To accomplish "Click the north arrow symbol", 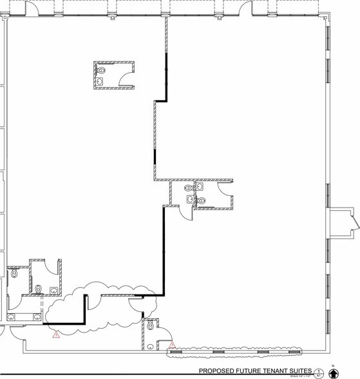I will pos(333,372).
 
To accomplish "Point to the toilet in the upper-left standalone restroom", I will pos(100,68).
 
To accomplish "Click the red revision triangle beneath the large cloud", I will pos(56,334).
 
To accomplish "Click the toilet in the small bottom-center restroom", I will pos(151,326).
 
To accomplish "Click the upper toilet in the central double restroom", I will pos(187,188).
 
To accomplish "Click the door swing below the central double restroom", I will pos(185,213).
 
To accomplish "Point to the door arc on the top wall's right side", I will pos(245,8).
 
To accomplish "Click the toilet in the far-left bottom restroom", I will pos(14,273).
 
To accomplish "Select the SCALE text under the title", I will pos(300,376).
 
